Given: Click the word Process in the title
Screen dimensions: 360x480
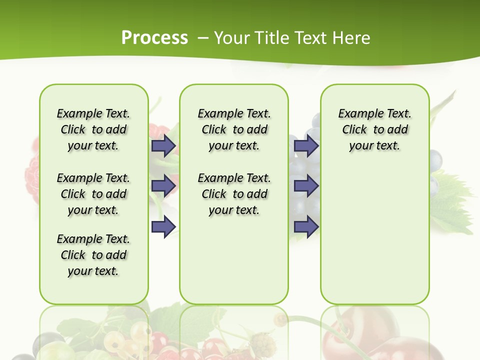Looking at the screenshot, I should coord(154,37).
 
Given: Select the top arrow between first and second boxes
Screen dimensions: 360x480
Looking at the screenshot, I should coord(163,145).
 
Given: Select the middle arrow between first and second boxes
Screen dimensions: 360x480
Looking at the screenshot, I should coord(163,186).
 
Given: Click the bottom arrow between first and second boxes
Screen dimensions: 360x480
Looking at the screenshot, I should coord(163,226).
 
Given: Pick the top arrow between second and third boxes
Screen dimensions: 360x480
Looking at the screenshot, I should coord(306,145).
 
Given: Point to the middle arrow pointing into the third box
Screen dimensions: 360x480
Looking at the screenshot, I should coord(306,186).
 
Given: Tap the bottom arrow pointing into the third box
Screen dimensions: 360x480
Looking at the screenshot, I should coord(306,226).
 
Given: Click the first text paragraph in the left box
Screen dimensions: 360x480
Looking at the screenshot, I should coord(93,129).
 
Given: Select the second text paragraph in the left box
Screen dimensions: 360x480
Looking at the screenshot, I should coord(93,194).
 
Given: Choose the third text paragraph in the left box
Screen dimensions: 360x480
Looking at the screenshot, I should coord(93,255).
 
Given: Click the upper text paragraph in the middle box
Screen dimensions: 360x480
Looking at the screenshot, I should coord(234,129).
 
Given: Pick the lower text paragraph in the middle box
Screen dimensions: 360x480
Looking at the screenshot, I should coord(234,194).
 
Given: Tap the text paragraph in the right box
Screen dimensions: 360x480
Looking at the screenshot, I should coord(374,129).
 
